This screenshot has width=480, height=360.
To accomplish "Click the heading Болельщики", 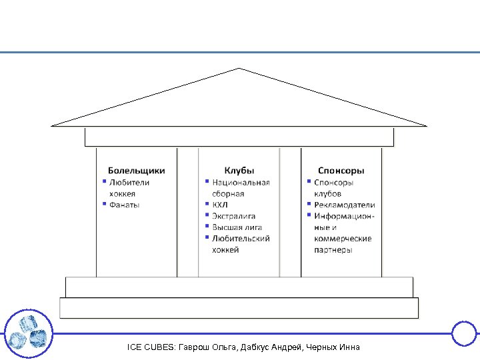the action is click(137, 171).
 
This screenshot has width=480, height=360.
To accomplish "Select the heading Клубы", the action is click(239, 171).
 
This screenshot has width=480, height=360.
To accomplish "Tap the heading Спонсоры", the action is click(341, 171).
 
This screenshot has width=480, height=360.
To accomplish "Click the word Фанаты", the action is click(125, 205).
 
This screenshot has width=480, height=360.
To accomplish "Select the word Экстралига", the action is click(233, 216).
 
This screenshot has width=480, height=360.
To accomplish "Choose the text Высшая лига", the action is click(237, 227).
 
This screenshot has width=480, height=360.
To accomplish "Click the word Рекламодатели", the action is click(345, 205).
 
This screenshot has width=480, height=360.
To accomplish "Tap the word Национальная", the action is click(241, 182).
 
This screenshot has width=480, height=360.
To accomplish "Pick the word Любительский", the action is click(241, 239).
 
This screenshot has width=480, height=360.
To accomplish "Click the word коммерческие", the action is click(343, 239).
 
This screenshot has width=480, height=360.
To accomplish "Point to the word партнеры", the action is click(333, 250).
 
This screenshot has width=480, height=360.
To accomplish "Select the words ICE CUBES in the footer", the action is click(151, 347).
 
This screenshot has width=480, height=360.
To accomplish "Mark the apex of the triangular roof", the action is click(239, 68).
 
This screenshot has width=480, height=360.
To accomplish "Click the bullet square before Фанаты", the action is click(104, 203).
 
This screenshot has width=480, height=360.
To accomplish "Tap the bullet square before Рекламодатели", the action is click(309, 203).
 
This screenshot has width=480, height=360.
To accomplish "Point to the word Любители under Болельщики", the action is click(129, 182).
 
